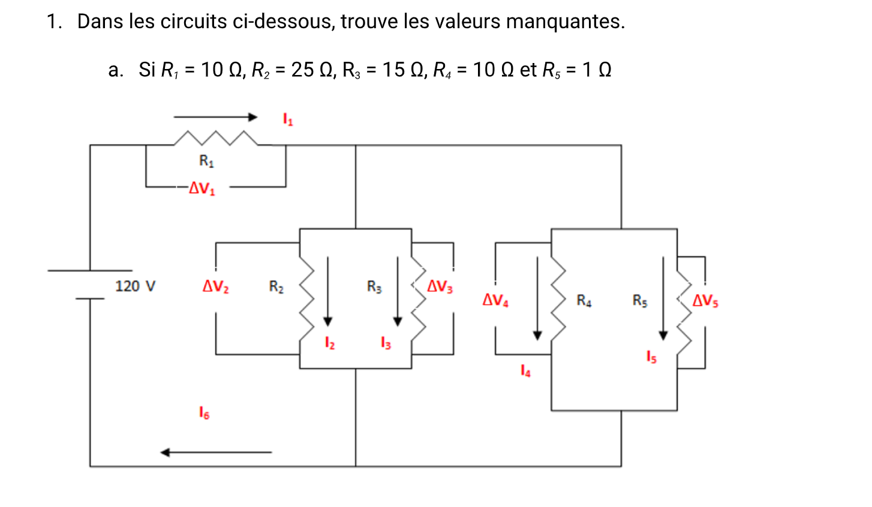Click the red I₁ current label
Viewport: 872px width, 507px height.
tap(288, 120)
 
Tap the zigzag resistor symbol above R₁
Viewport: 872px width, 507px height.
tap(216, 138)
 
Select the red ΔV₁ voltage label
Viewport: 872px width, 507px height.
tap(202, 188)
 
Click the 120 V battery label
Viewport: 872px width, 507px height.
tap(135, 286)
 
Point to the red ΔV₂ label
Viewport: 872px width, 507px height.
tap(215, 287)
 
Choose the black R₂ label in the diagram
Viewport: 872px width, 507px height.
tap(276, 287)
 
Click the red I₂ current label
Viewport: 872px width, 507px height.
tap(329, 343)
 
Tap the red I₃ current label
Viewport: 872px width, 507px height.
tap(386, 343)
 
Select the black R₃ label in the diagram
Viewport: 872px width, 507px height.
tap(374, 287)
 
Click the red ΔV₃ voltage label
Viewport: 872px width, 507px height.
tap(440, 287)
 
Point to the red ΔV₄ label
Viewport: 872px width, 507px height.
tap(495, 300)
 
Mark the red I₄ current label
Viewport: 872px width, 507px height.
tap(525, 371)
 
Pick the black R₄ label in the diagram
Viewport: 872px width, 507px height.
tap(584, 300)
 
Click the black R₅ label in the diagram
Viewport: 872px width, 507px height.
tap(640, 300)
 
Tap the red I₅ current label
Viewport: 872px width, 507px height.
tap(651, 357)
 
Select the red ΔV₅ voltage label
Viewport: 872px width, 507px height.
tap(705, 300)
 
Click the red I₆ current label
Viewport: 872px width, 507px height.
tap(204, 413)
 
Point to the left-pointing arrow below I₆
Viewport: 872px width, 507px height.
tap(216, 452)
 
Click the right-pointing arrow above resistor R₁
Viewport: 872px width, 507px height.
tap(216, 117)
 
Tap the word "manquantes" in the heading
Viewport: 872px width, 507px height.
tap(565, 22)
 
